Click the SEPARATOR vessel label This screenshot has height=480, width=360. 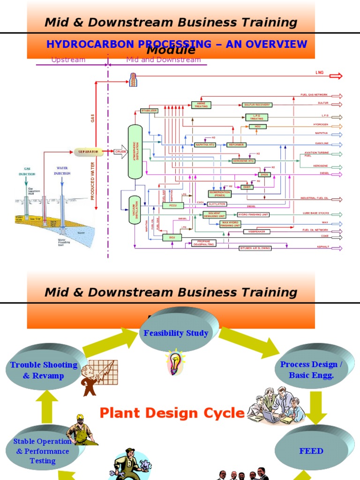coord(88,152)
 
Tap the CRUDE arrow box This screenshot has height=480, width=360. coord(120,152)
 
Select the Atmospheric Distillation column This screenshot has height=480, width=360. coord(135,151)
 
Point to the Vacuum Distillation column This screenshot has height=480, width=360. coord(135,210)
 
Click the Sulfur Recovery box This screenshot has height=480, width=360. coord(256,105)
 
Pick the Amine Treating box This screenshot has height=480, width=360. coord(201,105)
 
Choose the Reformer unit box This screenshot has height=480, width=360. coord(236,145)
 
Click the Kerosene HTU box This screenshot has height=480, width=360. coord(244,161)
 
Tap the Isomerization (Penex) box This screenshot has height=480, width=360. coord(219,194)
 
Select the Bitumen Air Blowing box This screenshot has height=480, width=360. coord(255,247)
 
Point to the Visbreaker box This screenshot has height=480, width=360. coord(255,232)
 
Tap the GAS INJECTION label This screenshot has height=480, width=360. coord(27,171)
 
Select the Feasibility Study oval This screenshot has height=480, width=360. coord(175,333)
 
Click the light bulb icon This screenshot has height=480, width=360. coord(175,361)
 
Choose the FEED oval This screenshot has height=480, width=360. coord(311,451)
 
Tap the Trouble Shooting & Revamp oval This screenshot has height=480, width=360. coord(44,370)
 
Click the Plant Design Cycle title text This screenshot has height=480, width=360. coord(172,413)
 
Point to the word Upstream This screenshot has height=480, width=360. coord(68,60)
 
